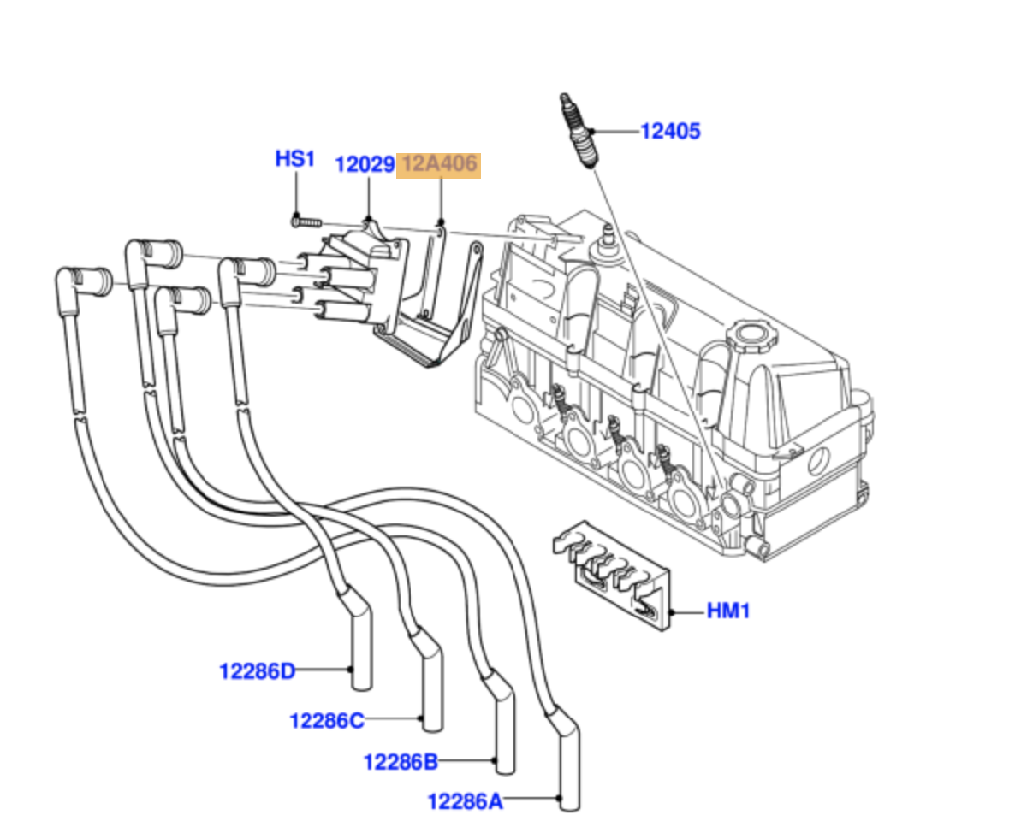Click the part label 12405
point(671,132)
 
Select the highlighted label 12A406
point(439,164)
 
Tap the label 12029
point(365,164)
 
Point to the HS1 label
point(295,159)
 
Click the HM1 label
point(728,611)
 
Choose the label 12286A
point(466,801)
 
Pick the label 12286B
point(401,760)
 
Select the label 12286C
point(326,721)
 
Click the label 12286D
point(257,671)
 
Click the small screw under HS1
point(306,222)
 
